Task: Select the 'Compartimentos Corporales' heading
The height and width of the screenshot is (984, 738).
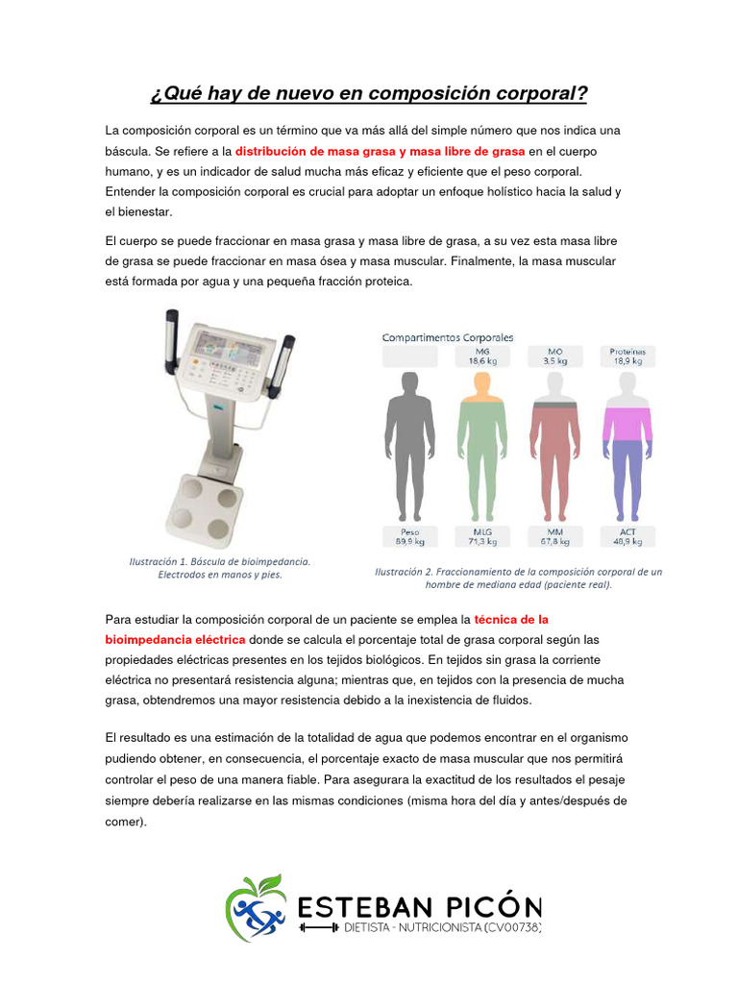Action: [x=448, y=337]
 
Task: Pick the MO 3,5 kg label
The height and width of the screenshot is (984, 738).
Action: [x=555, y=357]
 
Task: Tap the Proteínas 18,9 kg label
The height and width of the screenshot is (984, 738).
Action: [x=627, y=357]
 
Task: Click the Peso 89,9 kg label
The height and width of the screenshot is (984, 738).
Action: [x=409, y=536]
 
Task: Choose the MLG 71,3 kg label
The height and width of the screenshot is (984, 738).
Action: [x=481, y=536]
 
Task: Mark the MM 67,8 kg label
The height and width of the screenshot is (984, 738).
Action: [x=555, y=536]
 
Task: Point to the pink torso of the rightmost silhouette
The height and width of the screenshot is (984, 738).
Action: [x=627, y=423]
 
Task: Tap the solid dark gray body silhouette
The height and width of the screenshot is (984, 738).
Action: [x=409, y=442]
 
